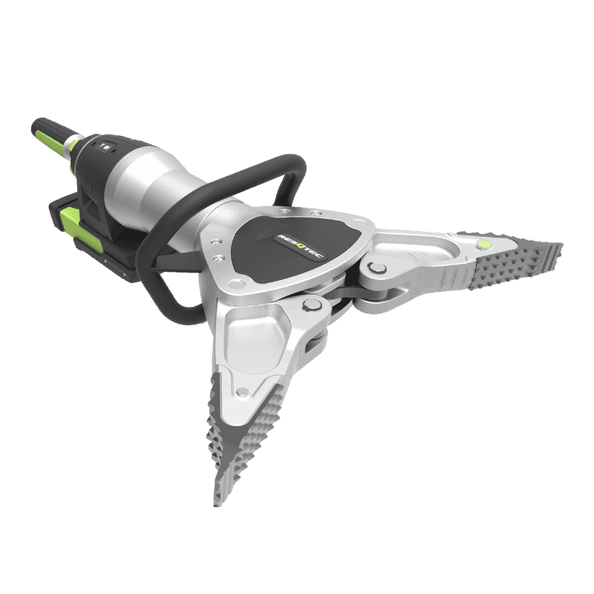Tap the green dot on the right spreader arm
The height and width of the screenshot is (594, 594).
(x=483, y=244)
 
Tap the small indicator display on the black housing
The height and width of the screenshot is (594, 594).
(x=107, y=146)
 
